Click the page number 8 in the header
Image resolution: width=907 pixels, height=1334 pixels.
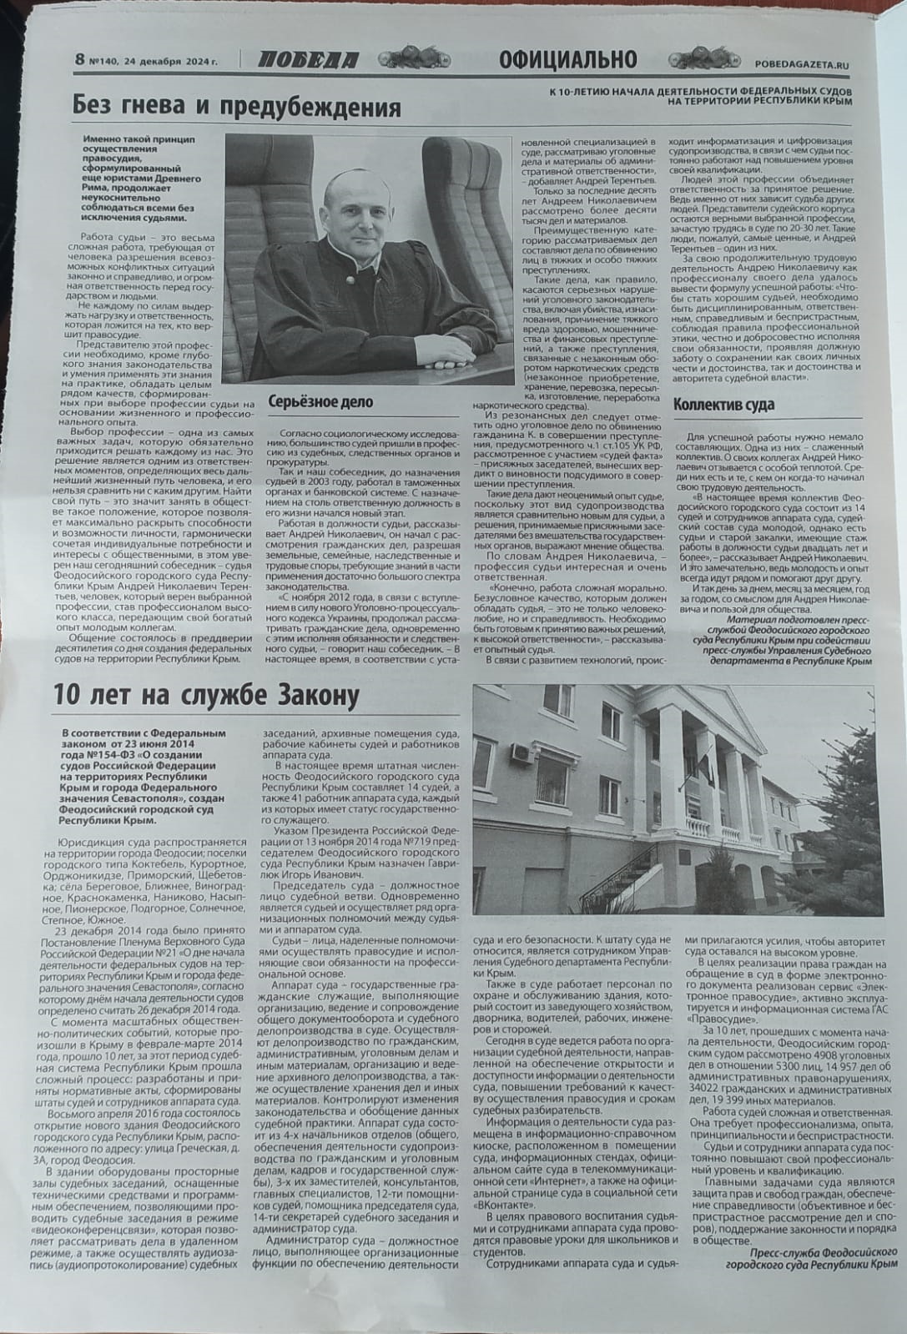pos(80,60)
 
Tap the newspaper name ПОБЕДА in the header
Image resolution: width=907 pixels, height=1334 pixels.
pos(308,60)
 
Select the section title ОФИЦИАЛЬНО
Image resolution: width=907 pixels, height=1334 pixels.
pos(568,59)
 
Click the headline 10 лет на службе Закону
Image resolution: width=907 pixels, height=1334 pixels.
pos(207,695)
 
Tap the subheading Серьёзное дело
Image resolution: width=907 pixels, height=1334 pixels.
pos(320,402)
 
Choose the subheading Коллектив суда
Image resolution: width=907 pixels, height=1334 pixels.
pos(723,405)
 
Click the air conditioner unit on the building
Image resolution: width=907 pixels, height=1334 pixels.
pos(522,754)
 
